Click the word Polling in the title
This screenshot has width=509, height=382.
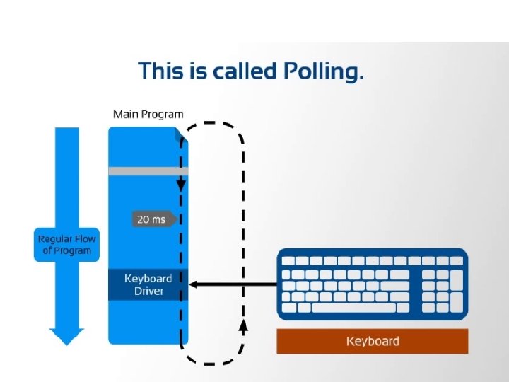[323, 71]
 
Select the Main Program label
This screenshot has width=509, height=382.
[148, 115]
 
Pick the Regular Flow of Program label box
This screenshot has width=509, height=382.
[66, 245]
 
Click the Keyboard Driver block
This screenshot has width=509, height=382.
[148, 284]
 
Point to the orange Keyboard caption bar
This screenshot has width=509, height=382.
[373, 341]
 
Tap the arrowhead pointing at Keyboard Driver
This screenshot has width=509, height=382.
[193, 284]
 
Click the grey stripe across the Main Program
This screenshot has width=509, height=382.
[148, 171]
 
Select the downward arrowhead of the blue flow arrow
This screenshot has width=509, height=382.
[66, 337]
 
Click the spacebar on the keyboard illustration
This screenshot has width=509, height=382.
[353, 308]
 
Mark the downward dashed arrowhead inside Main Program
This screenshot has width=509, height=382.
[181, 185]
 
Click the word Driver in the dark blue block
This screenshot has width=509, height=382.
[148, 291]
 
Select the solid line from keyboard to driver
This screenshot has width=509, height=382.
[233, 284]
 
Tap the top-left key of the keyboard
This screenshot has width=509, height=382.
[288, 261]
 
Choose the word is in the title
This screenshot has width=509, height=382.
[198, 71]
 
